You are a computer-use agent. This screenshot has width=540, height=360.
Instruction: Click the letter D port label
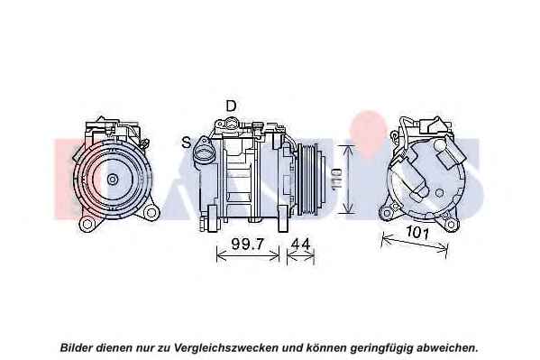click(x=231, y=106)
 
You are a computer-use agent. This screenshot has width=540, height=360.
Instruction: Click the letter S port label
click(x=187, y=142)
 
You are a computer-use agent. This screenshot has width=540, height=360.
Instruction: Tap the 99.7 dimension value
click(x=248, y=245)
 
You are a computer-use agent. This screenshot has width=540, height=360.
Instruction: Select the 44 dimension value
click(x=300, y=245)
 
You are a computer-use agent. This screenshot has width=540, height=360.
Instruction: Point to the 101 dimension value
click(x=417, y=233)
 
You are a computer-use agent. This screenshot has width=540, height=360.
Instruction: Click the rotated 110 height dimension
click(x=336, y=179)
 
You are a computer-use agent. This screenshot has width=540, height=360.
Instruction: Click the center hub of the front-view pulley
click(x=112, y=179)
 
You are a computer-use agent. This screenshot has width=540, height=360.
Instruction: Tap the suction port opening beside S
click(x=203, y=152)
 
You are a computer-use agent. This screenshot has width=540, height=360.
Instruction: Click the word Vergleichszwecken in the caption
click(x=226, y=347)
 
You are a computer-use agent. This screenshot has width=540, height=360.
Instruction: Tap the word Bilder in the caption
click(x=77, y=347)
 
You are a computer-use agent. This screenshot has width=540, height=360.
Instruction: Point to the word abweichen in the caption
click(x=447, y=347)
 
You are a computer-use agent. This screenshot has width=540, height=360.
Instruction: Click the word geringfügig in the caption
click(x=381, y=348)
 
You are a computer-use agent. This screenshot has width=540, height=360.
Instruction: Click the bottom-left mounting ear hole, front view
click(x=87, y=225)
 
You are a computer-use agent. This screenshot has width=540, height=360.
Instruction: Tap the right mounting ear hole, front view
click(x=151, y=212)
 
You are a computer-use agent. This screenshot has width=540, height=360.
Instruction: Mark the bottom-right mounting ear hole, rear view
click(x=451, y=225)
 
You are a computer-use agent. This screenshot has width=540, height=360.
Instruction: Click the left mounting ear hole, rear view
click(x=387, y=213)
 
